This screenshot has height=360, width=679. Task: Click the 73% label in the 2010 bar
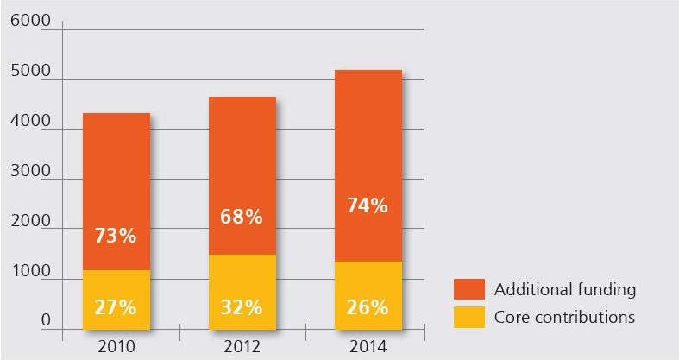tap(116, 235)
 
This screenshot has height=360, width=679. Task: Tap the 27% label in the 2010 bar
tap(116, 306)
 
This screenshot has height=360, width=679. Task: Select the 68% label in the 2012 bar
tap(242, 217)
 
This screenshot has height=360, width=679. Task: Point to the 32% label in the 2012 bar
tap(242, 306)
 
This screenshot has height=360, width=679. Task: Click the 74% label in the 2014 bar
tap(368, 206)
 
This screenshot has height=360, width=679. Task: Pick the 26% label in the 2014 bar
tap(368, 306)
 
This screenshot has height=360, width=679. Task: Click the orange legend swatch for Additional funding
tap(468, 287)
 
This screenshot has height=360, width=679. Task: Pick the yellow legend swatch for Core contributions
tap(468, 317)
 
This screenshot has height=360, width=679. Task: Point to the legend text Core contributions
tap(564, 317)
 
